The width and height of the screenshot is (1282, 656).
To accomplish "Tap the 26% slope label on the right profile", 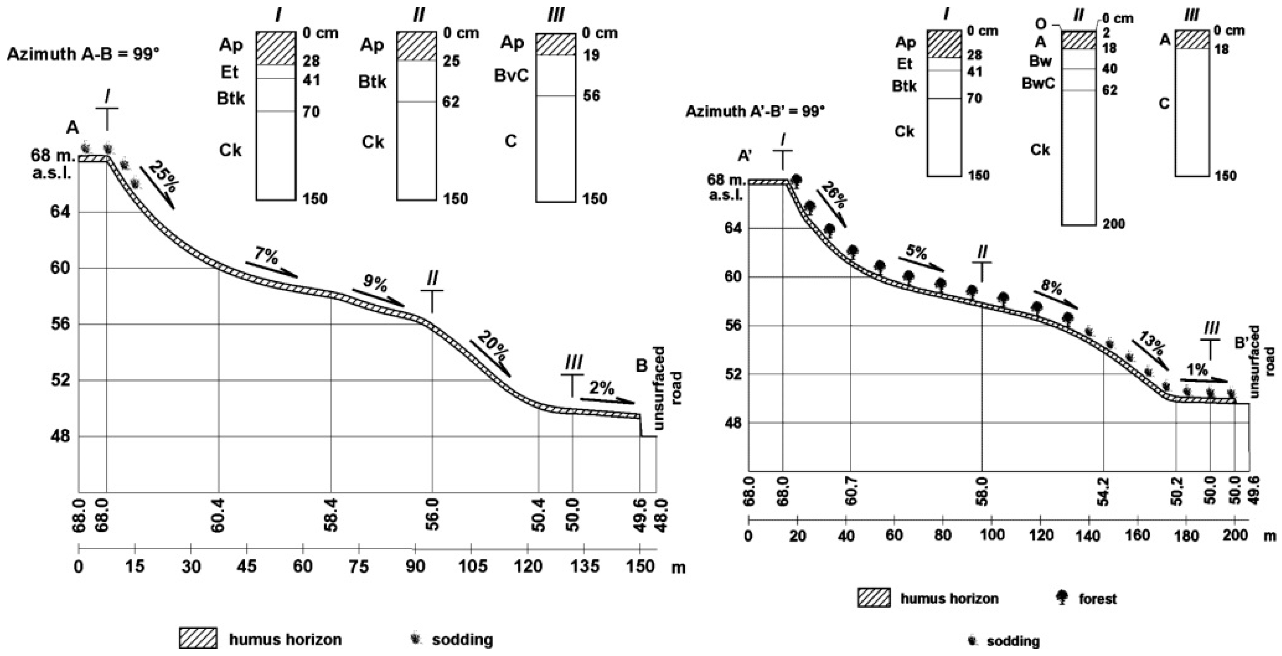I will point(834,195).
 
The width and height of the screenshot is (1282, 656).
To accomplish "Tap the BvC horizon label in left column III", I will point(511,76).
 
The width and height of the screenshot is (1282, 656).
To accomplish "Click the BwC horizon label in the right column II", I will point(1038,83).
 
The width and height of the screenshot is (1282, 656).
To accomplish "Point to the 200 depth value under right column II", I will point(1113,224).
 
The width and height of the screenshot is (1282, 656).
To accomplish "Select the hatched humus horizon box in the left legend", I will point(198,639).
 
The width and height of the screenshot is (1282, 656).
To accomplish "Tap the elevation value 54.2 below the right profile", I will point(1103,505).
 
